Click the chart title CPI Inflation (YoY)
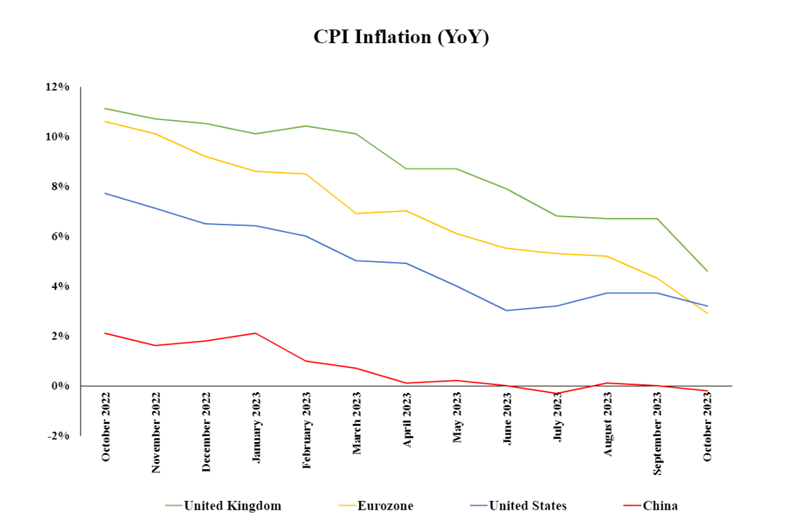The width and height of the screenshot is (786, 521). [401, 37]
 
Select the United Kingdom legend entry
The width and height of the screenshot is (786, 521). [232, 506]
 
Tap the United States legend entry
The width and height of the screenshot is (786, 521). [527, 506]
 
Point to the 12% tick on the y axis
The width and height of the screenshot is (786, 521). [58, 87]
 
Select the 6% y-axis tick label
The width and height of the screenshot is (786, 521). [60, 237]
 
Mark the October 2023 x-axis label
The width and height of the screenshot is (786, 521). [708, 431]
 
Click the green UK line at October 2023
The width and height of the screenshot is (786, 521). [708, 271]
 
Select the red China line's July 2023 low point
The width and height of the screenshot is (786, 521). [557, 394]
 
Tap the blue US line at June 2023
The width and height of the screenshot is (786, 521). [507, 310]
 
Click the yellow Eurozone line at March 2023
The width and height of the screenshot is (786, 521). [356, 213]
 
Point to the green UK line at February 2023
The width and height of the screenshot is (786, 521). [307, 126]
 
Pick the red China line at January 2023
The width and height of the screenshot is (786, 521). [256, 333]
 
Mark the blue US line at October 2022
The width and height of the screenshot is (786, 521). [106, 193]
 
